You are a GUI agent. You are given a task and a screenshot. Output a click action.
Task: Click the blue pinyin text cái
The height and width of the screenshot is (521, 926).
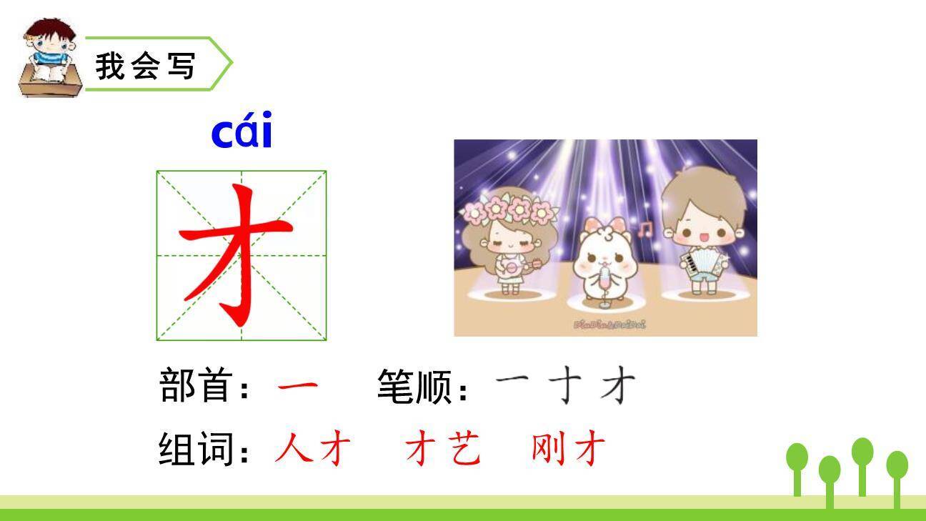242,133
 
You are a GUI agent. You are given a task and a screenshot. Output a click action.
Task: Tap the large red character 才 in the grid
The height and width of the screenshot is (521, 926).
237,254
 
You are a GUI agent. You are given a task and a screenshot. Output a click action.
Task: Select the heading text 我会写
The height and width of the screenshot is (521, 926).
145,66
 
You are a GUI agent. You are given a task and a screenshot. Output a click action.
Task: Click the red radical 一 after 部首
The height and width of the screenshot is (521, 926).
297,388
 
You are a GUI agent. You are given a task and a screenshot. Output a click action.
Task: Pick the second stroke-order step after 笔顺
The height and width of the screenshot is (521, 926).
565,387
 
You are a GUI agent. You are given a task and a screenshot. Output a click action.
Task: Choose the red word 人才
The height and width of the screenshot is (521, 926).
313,450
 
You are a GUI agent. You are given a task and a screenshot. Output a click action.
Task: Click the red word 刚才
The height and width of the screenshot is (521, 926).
569,450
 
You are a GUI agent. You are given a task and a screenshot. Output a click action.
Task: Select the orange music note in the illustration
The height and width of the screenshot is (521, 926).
646,229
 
